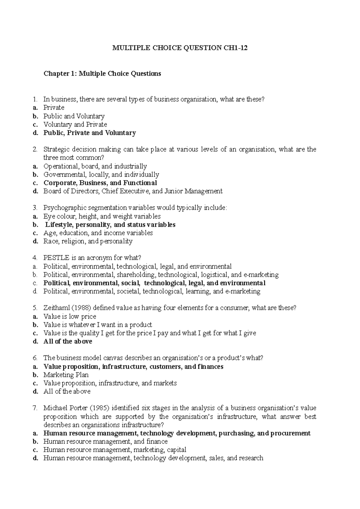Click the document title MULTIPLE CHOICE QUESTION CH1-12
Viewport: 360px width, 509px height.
pyautogui.click(x=180, y=48)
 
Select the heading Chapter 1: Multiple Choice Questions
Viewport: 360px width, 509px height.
pyautogui.click(x=102, y=74)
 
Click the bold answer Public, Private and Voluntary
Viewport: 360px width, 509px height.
pyautogui.click(x=90, y=133)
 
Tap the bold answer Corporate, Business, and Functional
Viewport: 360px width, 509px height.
pyautogui.click(x=100, y=183)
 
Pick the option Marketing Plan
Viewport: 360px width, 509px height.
pyautogui.click(x=66, y=375)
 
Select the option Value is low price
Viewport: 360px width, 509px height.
pyautogui.click(x=70, y=317)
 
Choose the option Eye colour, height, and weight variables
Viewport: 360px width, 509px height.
pyautogui.click(x=102, y=216)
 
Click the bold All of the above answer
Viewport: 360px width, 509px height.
pyautogui.click(x=68, y=341)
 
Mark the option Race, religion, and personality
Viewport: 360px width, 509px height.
pyautogui.click(x=88, y=241)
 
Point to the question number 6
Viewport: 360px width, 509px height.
pyautogui.click(x=35, y=358)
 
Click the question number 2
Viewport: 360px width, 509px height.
pyautogui.click(x=35, y=149)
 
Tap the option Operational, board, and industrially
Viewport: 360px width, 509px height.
pyautogui.click(x=95, y=166)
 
